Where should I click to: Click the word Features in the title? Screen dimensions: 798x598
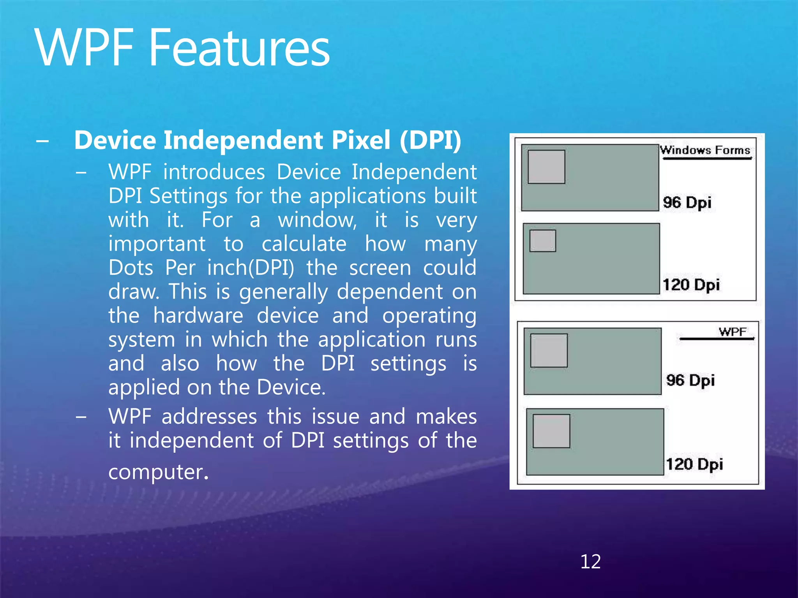239,48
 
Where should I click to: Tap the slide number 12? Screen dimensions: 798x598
590,561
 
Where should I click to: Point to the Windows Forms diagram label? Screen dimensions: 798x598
705,150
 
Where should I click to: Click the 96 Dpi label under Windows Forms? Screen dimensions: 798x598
687,203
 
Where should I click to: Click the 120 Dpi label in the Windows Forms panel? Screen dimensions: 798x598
691,285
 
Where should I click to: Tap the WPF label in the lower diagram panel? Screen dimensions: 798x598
733,332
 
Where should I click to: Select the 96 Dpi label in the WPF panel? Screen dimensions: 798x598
690,380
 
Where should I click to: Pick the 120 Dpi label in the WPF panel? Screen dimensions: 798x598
694,464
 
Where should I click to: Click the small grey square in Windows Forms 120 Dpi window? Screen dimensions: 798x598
543,241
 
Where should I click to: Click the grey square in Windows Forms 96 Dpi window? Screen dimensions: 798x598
546,167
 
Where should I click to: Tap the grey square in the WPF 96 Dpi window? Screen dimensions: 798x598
549,350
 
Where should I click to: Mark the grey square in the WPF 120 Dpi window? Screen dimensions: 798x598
551,431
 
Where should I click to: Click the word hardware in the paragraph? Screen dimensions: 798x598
198,315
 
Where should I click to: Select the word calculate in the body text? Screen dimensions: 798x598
304,244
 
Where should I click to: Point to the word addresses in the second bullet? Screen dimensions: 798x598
209,417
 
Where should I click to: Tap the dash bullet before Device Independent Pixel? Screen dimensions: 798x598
42,141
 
